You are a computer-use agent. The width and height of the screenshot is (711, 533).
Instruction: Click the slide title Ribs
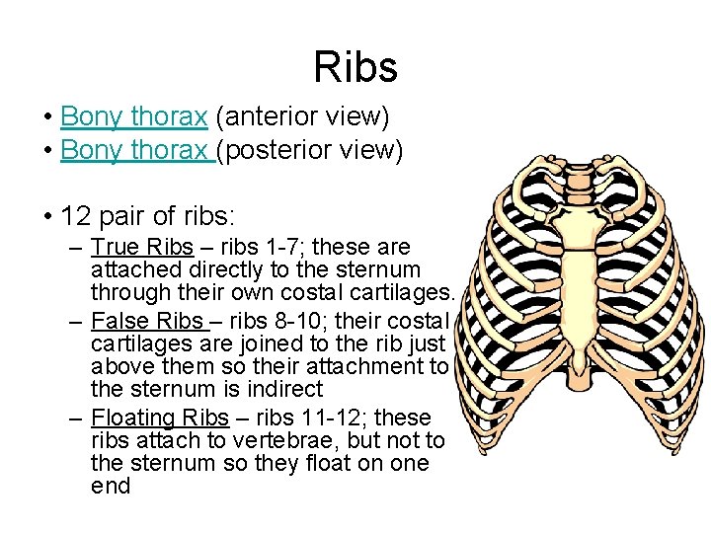click(355, 67)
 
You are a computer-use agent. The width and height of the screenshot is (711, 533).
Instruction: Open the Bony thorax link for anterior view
click(133, 116)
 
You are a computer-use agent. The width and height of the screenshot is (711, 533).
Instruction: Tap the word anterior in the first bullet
click(263, 116)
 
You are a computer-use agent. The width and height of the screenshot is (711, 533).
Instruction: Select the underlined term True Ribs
click(141, 247)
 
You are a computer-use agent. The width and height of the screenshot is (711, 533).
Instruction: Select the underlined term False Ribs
click(144, 321)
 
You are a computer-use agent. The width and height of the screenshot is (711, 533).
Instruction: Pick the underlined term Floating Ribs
click(159, 418)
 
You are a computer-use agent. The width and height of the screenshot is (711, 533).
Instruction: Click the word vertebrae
click(326, 440)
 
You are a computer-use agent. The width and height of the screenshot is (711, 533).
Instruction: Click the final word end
click(110, 486)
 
